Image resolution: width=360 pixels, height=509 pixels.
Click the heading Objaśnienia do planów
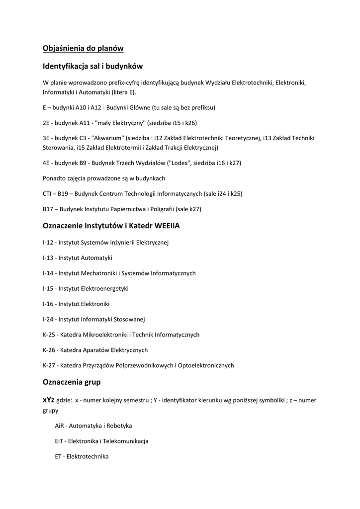83,48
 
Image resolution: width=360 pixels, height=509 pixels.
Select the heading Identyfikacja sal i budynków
93,66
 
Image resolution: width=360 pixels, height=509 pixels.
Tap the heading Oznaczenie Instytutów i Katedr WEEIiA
111,226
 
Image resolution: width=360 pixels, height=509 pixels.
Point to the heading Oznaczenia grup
72,382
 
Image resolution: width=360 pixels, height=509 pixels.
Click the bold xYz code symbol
49,400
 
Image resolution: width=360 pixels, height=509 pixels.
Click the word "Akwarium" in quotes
109,138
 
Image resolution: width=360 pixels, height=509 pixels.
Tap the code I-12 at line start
48,243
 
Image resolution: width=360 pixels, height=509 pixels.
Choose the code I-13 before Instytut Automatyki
48,258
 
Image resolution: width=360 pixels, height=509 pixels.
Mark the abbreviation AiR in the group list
60,426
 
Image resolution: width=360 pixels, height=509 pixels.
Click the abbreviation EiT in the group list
60,441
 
